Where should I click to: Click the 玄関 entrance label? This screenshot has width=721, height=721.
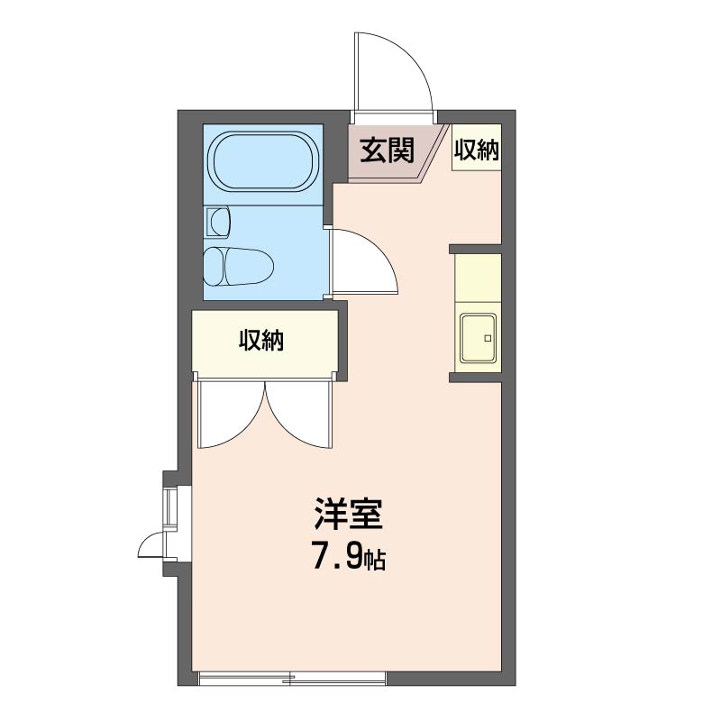click(388, 150)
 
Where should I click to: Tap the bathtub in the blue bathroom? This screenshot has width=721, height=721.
click(263, 162)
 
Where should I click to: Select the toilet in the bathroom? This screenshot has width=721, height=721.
click(239, 267)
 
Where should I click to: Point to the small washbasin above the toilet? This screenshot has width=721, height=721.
click(217, 222)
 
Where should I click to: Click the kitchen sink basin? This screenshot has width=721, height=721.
click(479, 338)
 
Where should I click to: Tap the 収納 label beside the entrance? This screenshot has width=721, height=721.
click(477, 150)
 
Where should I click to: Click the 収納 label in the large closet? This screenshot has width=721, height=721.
click(261, 341)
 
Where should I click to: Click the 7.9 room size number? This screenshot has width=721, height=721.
click(337, 555)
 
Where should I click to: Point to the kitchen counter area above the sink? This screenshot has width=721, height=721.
click(478, 278)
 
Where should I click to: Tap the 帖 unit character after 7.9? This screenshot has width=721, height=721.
click(375, 560)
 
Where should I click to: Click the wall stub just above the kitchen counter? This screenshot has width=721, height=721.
click(475, 250)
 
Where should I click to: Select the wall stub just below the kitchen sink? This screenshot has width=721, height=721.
click(475, 378)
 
